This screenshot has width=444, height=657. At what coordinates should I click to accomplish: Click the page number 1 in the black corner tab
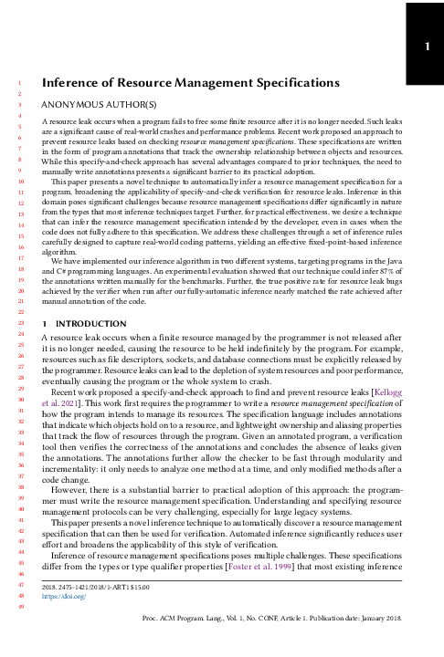point(425,45)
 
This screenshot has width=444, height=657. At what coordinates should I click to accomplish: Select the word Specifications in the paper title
point(295,84)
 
